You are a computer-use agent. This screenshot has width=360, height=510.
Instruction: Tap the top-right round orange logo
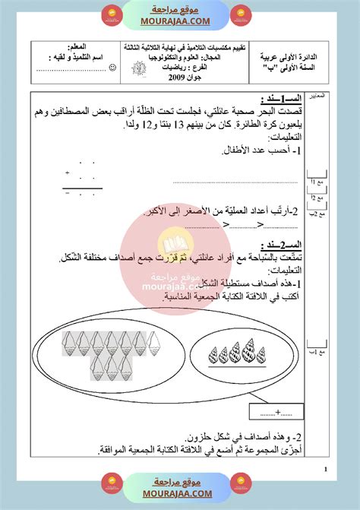[241, 12]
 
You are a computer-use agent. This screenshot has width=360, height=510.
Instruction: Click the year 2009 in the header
[199, 79]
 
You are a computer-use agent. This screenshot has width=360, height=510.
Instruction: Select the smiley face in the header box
[112, 68]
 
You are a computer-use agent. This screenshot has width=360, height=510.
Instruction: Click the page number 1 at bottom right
[325, 470]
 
